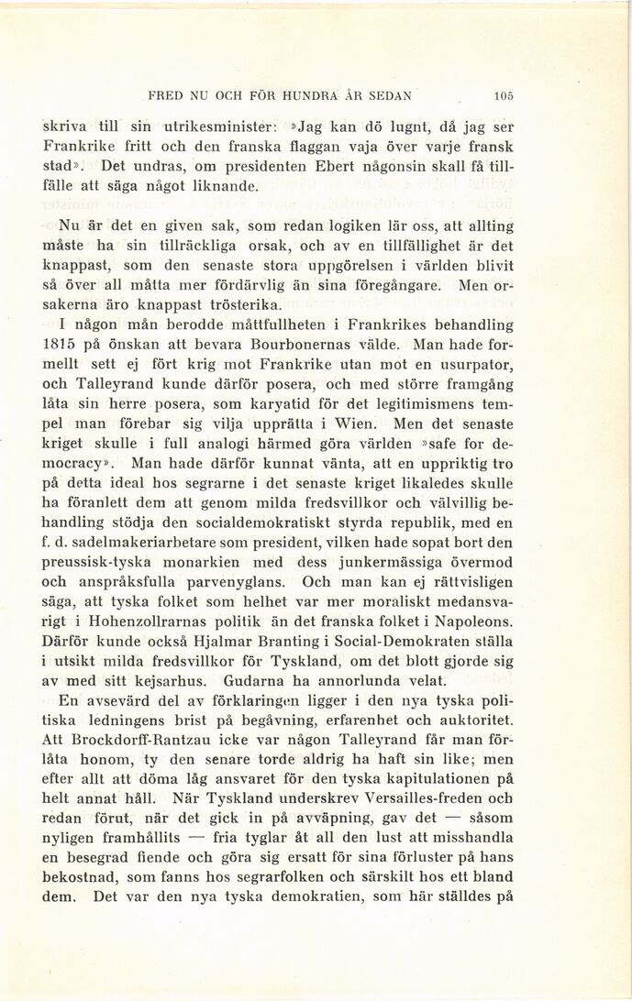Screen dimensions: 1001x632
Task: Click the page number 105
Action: (x=502, y=93)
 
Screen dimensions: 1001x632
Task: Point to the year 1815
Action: (x=63, y=346)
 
